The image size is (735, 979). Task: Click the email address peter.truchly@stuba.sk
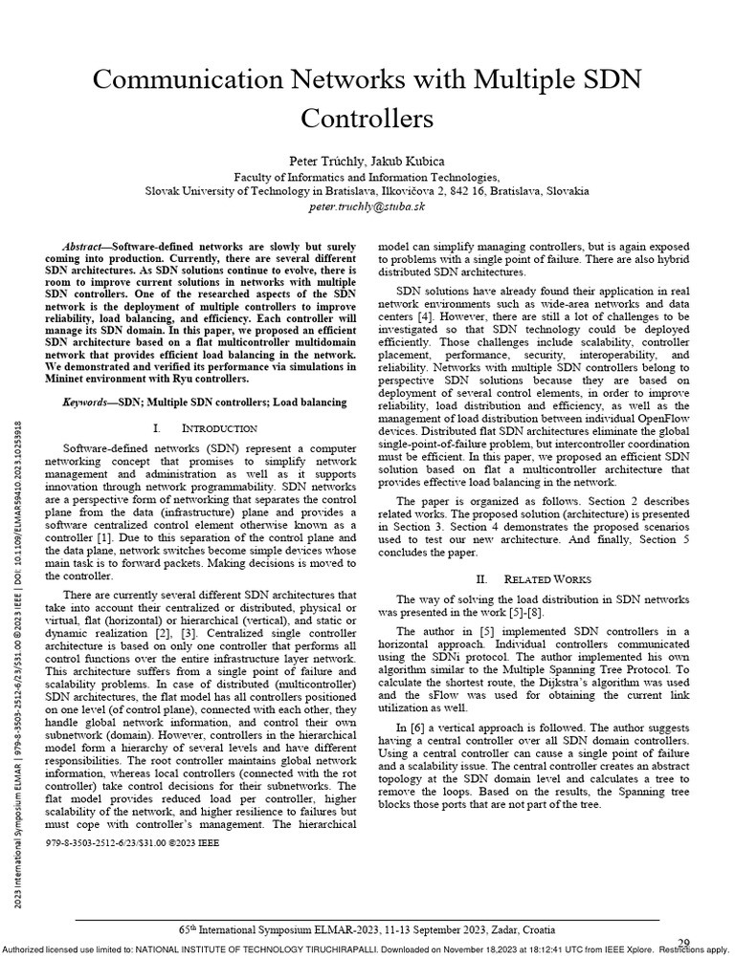367,205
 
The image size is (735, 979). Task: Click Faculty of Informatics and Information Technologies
367,177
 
